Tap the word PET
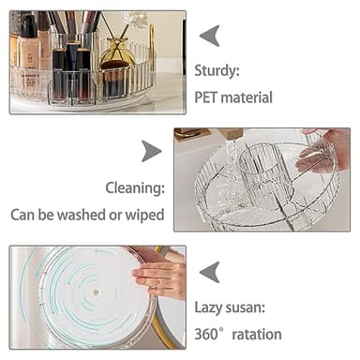(x=206, y=97)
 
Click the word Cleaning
(x=135, y=187)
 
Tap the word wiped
(x=144, y=215)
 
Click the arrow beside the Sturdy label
(x=210, y=36)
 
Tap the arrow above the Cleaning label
(x=151, y=151)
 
